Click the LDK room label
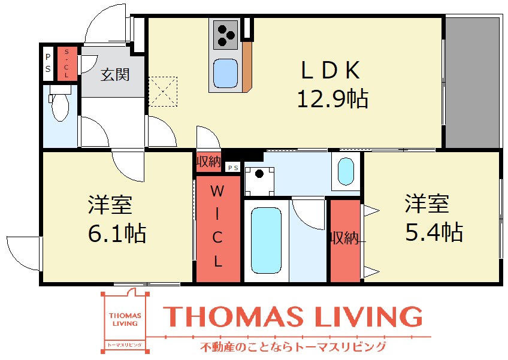click(x=330, y=71)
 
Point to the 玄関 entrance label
click(x=114, y=74)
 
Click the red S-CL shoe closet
click(x=67, y=63)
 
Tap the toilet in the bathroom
click(x=61, y=107)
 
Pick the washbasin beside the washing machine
click(x=346, y=171)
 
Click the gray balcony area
click(x=472, y=82)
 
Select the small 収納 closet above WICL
click(x=208, y=161)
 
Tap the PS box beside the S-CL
click(x=47, y=63)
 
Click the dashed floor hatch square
click(x=164, y=90)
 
